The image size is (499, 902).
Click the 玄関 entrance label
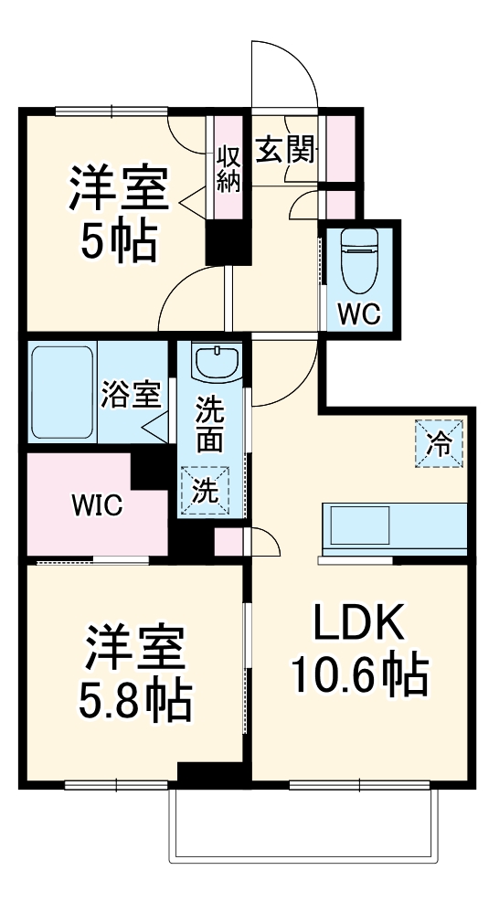pos(284,150)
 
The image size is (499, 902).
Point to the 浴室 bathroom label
pos(132,395)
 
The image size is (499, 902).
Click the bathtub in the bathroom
pos(61,391)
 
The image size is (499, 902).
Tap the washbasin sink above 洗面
pos(217,362)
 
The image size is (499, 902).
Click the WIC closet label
pos(98,506)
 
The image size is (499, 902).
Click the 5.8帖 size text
pos(136,702)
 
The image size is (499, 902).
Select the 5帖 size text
pos(119,241)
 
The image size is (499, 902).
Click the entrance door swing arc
pos(292,73)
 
